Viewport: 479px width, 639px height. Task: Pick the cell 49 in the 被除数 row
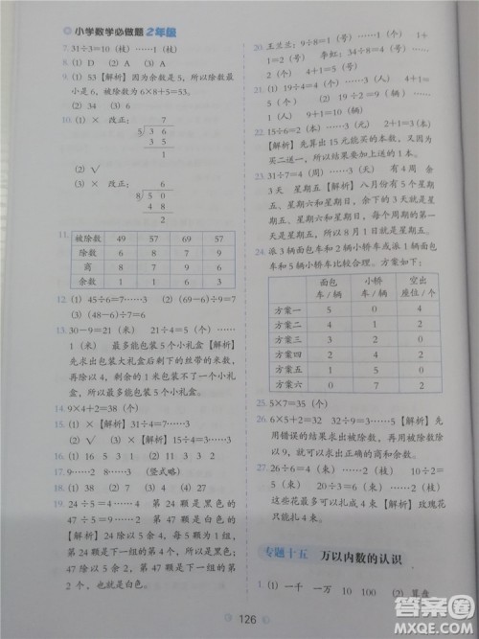(x=122, y=237)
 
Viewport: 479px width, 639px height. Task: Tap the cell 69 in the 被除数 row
(x=187, y=237)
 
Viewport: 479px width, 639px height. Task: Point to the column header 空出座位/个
(x=419, y=285)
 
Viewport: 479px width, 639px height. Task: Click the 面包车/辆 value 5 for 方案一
(x=328, y=310)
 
